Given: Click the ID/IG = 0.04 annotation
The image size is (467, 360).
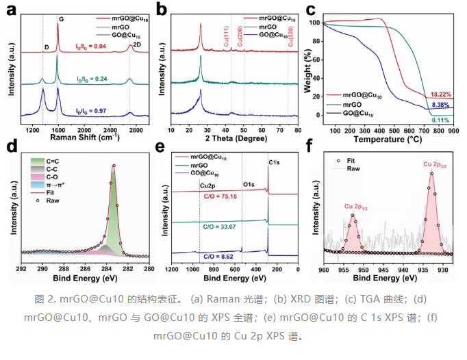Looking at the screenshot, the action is (90, 46).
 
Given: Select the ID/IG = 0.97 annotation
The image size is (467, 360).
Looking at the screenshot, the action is (91, 111).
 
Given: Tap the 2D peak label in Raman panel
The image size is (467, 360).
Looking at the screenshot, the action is (137, 44).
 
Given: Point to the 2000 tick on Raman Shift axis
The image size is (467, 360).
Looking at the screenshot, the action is (84, 131).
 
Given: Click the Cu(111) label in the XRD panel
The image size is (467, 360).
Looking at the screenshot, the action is (226, 36).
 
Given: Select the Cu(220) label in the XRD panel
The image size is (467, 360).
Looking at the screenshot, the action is (291, 36).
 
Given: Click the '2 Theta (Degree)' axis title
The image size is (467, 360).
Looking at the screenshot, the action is (236, 138).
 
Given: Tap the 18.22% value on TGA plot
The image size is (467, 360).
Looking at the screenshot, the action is (441, 94).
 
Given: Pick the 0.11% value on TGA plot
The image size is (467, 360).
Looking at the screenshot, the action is (441, 120).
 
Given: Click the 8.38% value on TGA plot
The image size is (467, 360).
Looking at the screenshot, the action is (440, 105).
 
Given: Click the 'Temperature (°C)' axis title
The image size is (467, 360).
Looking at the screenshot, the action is (388, 140).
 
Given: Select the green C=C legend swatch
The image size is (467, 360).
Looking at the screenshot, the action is (38, 162).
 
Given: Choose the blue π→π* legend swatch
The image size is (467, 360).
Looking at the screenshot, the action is (38, 185).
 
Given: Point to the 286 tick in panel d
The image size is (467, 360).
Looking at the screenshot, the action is (85, 269).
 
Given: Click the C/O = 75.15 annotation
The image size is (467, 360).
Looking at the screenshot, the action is (220, 196).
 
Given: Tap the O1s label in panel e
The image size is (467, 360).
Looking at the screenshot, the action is (249, 185).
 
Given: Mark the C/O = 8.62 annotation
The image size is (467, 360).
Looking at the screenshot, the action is (218, 257).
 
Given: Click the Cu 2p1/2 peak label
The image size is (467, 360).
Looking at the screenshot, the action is (356, 207).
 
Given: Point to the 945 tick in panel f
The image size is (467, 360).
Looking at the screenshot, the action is (383, 270).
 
